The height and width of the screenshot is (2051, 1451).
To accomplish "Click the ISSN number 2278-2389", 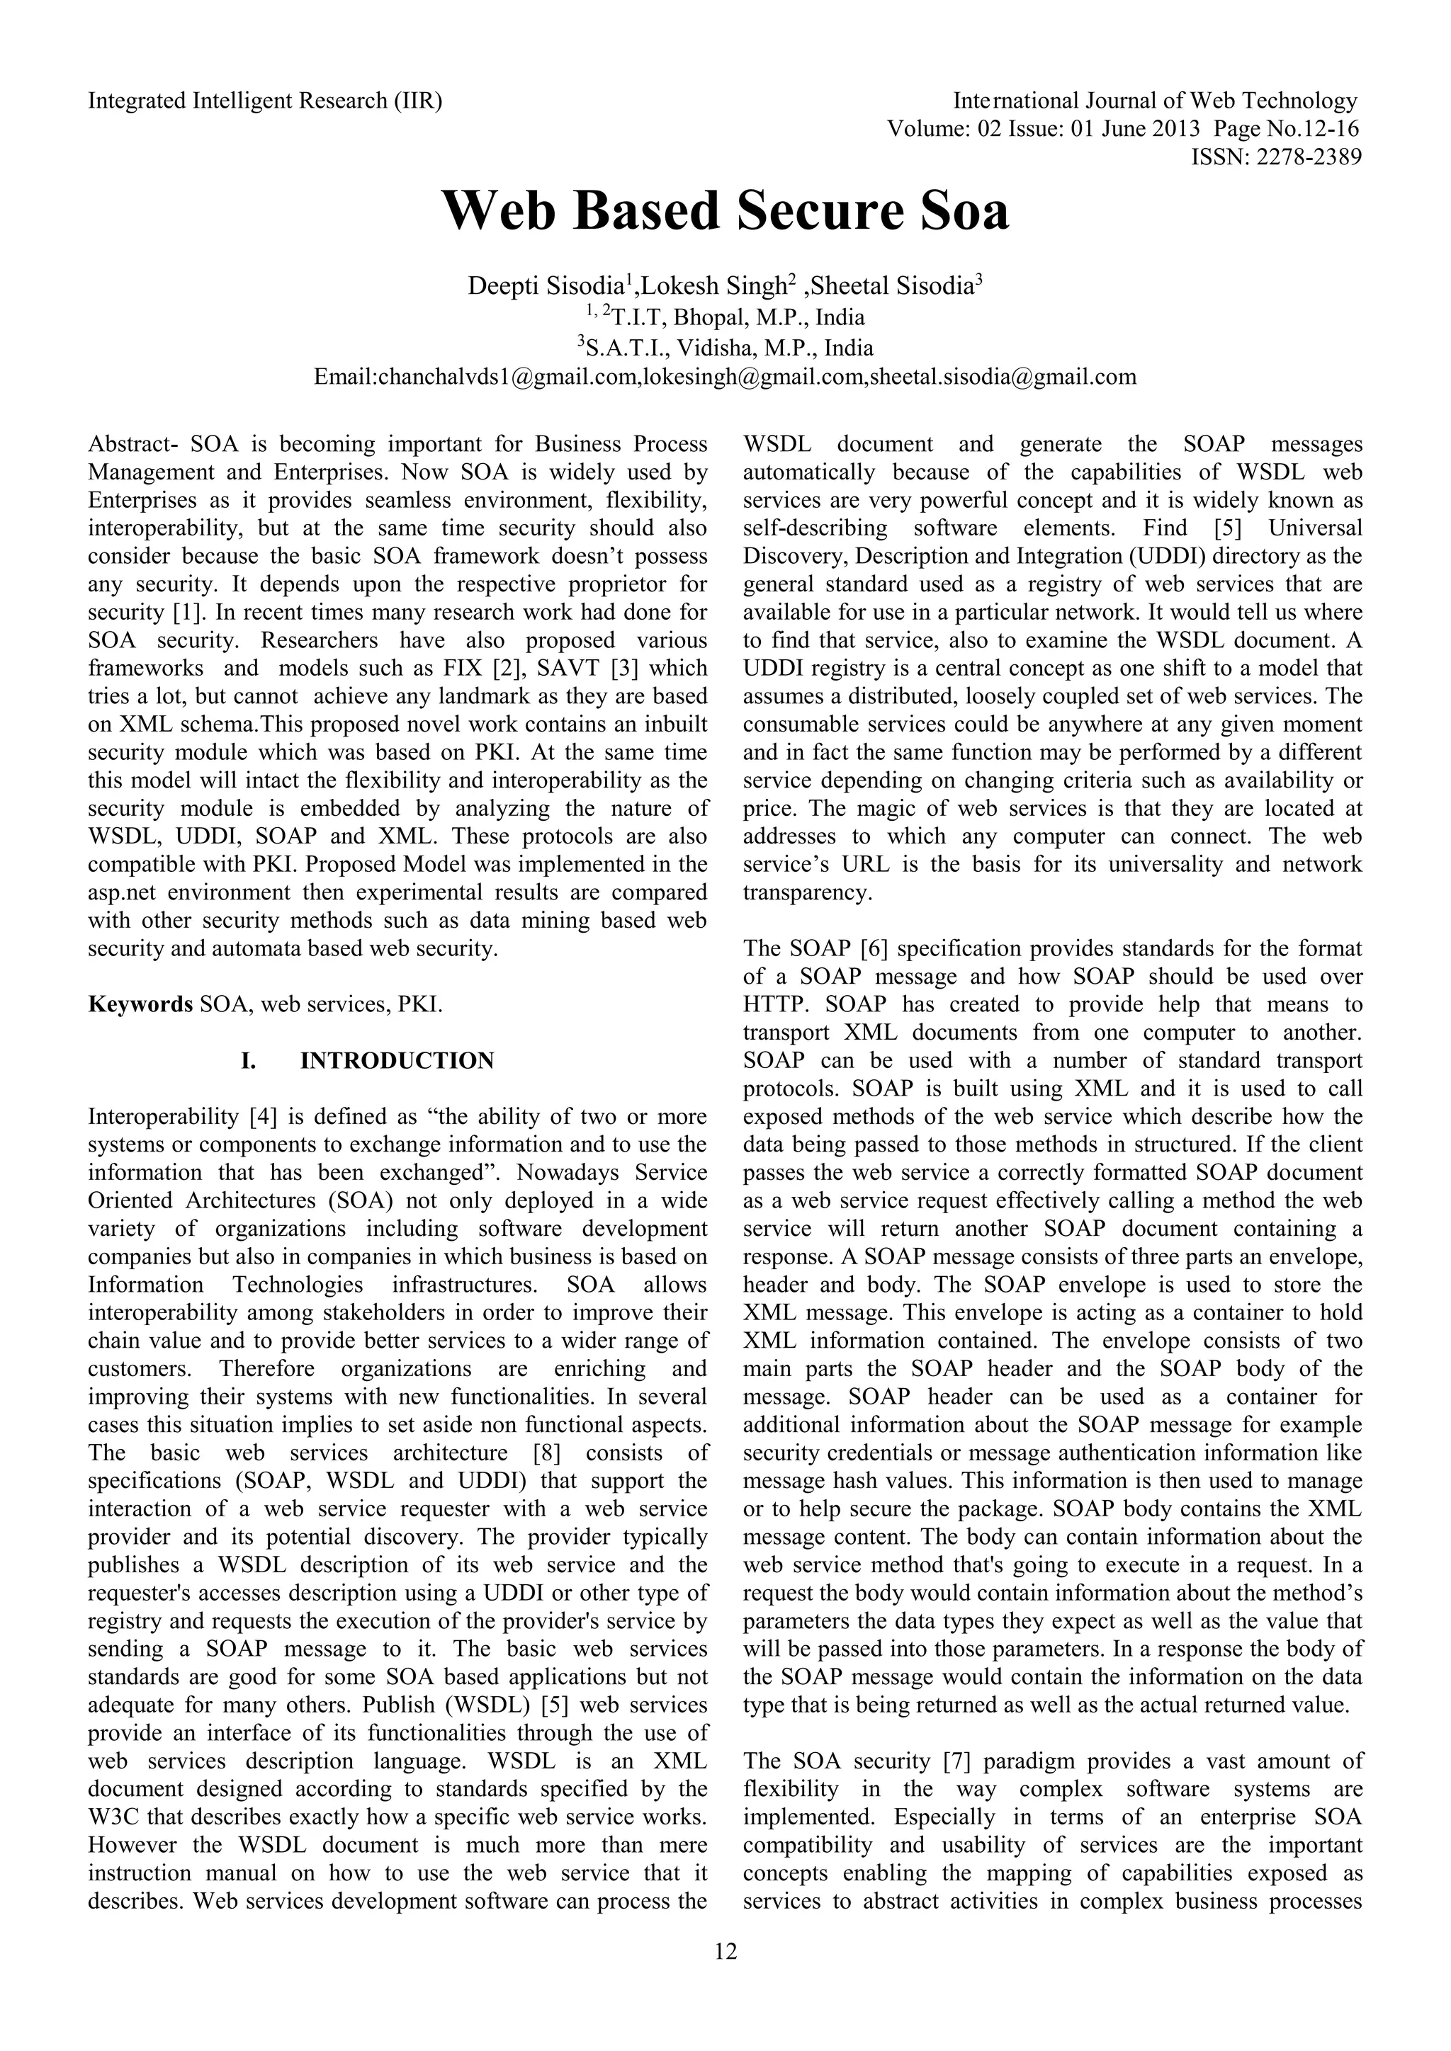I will (x=1309, y=158).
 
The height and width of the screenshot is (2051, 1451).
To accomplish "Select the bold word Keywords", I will (x=140, y=1004).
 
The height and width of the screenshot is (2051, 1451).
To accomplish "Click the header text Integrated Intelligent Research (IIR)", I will (x=264, y=101).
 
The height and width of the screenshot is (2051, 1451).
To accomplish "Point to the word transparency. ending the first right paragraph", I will (x=807, y=892).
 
